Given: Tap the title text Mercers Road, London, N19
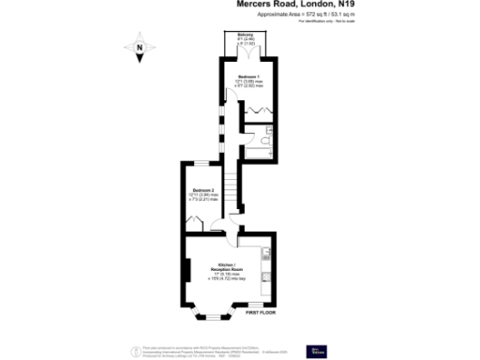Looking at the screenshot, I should (293, 5).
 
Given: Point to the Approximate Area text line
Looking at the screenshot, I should (294, 15).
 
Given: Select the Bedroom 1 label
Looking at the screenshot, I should (247, 76).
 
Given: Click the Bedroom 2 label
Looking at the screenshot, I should (204, 191).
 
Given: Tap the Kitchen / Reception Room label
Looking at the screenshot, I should (226, 266).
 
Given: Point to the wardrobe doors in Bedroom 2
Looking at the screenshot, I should (194, 222).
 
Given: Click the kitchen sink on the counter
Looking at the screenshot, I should (267, 252).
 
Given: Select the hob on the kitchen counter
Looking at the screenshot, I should (267, 276).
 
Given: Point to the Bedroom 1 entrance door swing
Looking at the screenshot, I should (229, 97).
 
